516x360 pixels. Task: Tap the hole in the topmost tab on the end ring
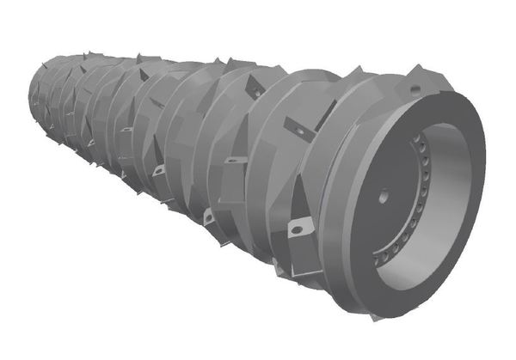415,88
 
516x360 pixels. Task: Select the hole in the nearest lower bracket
300,228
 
